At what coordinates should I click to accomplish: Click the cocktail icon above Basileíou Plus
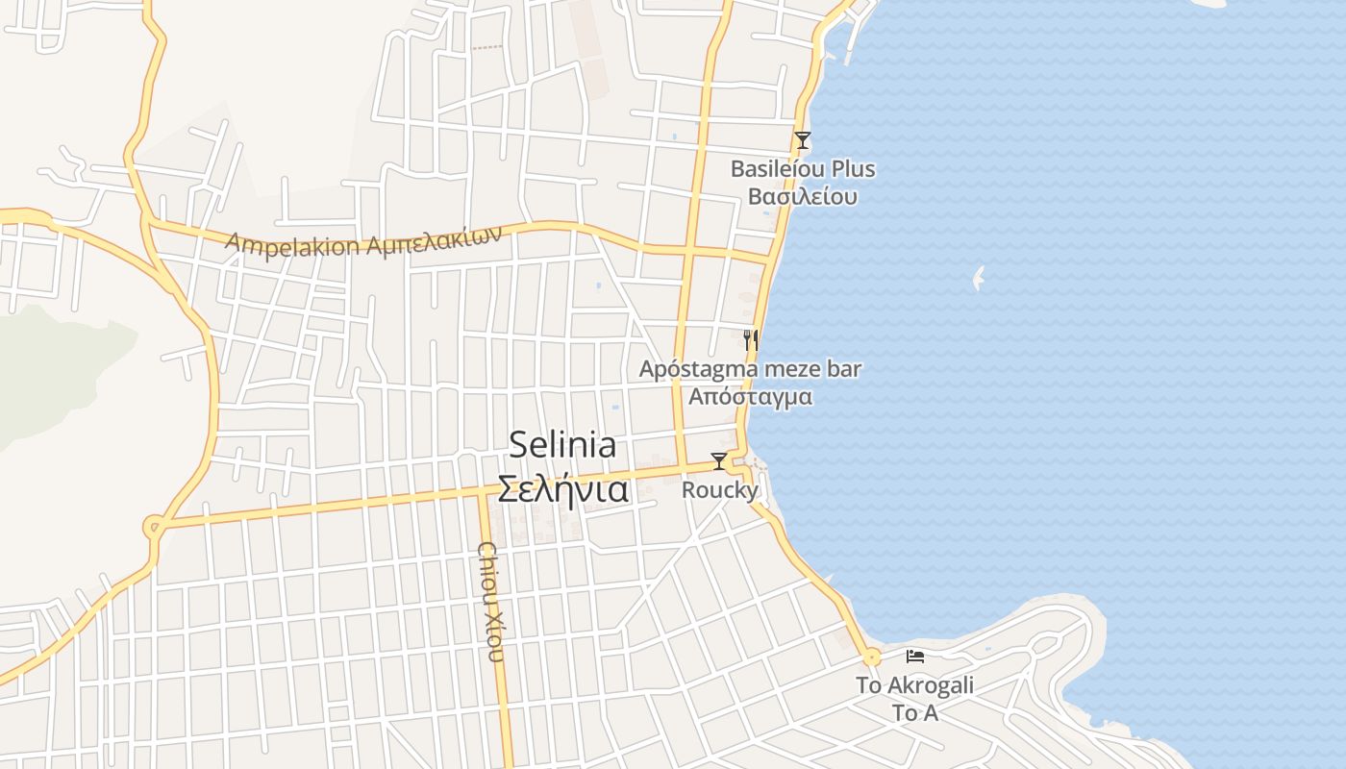click(803, 140)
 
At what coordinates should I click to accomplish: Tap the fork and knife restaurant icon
click(751, 339)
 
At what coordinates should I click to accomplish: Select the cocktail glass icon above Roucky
click(718, 461)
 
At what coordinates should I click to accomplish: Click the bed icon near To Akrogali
click(915, 657)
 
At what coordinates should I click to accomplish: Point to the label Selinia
click(562, 445)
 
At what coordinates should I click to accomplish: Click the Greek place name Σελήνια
click(562, 489)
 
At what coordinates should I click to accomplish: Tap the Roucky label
click(719, 490)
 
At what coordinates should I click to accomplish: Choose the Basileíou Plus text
click(803, 169)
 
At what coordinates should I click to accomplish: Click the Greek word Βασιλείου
click(803, 197)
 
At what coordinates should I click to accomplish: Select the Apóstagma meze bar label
click(751, 369)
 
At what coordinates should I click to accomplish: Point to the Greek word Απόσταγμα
click(751, 396)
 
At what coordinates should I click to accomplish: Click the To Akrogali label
click(914, 685)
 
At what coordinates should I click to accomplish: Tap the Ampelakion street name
click(293, 242)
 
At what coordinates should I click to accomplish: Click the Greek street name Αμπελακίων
click(435, 240)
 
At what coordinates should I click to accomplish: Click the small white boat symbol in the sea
click(979, 279)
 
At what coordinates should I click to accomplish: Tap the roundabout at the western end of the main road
click(153, 527)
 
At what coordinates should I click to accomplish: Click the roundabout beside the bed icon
click(872, 658)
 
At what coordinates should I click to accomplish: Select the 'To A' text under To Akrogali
click(914, 713)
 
